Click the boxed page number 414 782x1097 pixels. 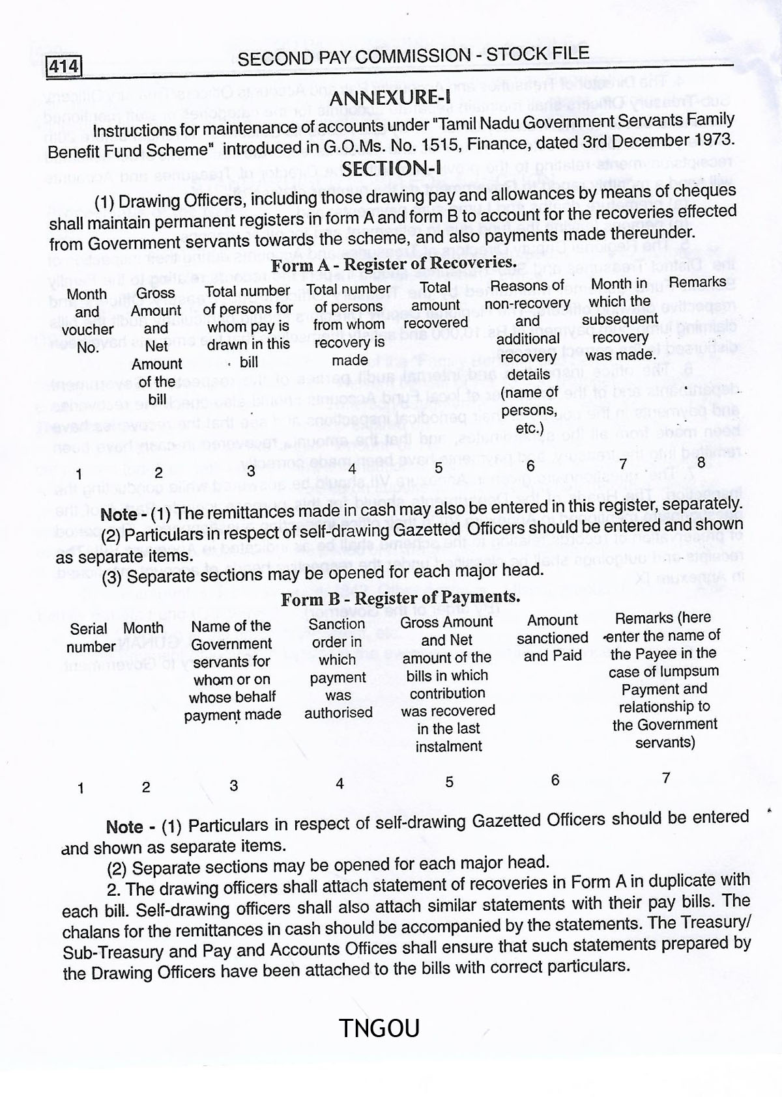pos(64,66)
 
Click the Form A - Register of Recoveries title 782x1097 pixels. pos(394,264)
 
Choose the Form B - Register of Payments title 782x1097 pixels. pos(400,598)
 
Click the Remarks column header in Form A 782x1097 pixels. pos(697,283)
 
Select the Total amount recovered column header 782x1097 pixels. pos(435,305)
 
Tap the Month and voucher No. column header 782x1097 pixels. pos(87,320)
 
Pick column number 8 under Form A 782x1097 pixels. pos(701,462)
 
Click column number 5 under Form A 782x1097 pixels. pos(439,467)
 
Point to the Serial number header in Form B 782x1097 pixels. pos(91,638)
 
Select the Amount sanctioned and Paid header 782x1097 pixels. pos(553,638)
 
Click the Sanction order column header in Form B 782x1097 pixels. pos(338,668)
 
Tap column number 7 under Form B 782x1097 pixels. pos(666,777)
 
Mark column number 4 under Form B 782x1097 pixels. pos(340,783)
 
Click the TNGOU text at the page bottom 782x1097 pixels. pos(380,1029)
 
